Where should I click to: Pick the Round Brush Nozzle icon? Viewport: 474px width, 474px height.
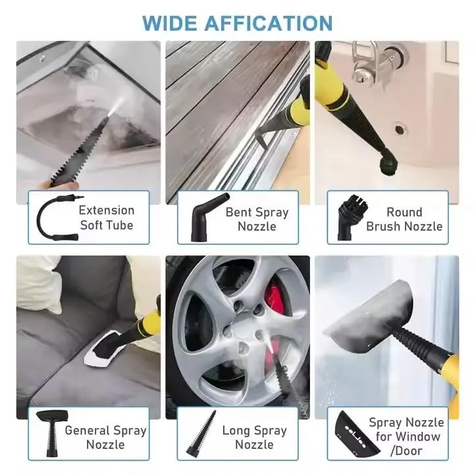(x=346, y=217)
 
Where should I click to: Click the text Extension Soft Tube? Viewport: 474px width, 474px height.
(x=106, y=217)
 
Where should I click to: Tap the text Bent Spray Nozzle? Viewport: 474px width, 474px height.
(x=257, y=219)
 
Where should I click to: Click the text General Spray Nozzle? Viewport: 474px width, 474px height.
(x=105, y=437)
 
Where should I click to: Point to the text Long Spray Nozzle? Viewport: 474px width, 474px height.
(x=254, y=437)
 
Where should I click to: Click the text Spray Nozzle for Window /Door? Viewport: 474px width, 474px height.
(x=406, y=437)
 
